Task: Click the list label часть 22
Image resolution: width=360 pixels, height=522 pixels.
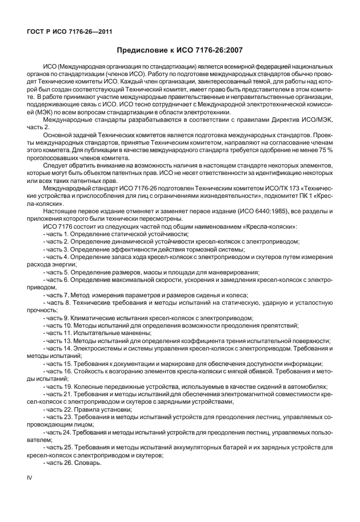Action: [x=58, y=409]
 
